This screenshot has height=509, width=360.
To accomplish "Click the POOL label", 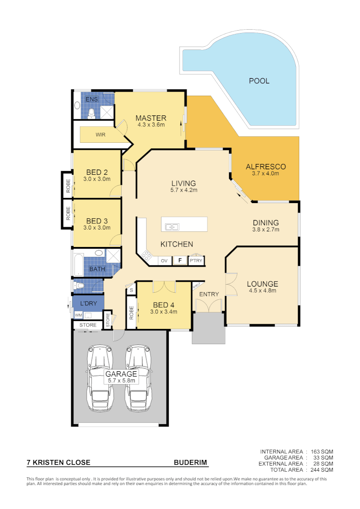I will coord(259,81).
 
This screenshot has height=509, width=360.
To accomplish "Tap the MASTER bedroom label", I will coord(151,118).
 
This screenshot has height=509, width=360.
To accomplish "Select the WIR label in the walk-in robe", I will coord(100,134).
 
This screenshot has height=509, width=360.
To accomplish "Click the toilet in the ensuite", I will coord(92,112).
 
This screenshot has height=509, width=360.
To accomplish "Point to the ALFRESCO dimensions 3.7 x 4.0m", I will coord(266,173).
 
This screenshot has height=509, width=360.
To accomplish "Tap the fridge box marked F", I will coord(179,260).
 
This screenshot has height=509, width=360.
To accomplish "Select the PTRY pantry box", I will coord(195,260).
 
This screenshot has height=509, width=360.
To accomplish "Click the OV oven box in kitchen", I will coord(164,260).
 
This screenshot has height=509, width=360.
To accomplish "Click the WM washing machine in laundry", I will coord(78,315).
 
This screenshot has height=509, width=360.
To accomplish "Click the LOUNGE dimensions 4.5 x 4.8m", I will coord(262,291).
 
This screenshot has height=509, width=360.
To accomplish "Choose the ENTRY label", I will coord(209,294).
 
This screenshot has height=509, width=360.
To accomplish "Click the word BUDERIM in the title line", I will coord(190,463).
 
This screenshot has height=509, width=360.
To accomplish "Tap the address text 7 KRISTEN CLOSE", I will coord(58,463).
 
